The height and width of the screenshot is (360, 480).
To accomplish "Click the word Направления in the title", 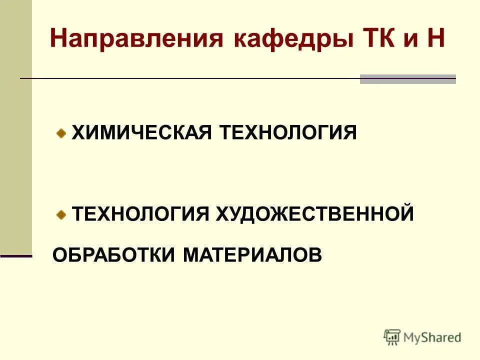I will (136, 39).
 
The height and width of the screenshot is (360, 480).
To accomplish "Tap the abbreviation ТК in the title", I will (378, 39).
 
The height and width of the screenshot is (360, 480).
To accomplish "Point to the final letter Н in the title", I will (435, 39).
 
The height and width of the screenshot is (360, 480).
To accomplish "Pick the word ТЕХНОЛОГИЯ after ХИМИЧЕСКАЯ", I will (287, 133).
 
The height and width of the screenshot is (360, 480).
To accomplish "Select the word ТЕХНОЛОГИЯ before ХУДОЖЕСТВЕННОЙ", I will (140, 214).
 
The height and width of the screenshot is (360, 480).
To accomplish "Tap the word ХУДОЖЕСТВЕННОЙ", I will (315, 214).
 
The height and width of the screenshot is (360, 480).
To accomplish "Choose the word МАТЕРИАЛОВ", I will (252, 255).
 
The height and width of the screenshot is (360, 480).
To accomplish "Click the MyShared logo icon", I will (392, 337).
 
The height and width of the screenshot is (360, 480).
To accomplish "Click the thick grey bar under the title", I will (408, 79).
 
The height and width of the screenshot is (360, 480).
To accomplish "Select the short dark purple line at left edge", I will (16, 256).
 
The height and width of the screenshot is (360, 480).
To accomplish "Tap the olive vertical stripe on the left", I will (16, 125).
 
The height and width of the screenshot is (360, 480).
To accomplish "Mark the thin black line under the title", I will (190, 79).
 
